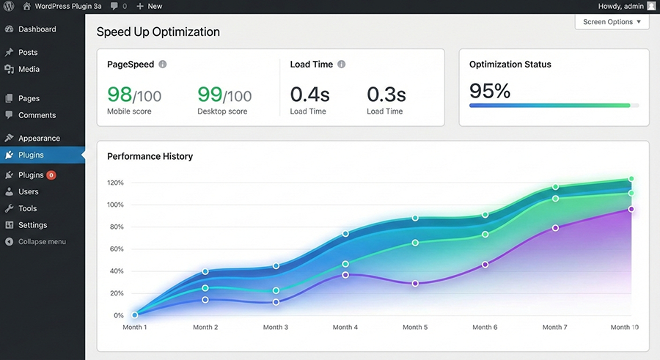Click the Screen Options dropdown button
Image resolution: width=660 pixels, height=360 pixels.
(612, 22)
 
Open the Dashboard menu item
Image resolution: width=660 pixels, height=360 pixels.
(37, 29)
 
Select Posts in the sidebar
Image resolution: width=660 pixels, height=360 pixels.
(28, 52)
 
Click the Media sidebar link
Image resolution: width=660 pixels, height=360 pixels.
(29, 69)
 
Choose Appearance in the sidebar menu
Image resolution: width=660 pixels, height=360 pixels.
(39, 138)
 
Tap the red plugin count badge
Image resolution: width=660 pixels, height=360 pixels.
(51, 175)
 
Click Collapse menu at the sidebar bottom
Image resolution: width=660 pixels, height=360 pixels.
(42, 242)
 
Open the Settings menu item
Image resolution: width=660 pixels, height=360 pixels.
(32, 225)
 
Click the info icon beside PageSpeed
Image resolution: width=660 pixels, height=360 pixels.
(163, 64)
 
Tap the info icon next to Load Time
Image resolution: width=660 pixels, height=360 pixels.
(341, 64)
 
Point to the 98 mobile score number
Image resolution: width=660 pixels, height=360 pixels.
(120, 95)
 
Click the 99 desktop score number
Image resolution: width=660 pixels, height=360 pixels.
(210, 95)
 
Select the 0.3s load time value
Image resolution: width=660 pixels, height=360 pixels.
(386, 95)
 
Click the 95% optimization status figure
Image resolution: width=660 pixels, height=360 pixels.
(490, 90)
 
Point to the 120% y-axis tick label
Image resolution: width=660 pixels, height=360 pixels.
(115, 183)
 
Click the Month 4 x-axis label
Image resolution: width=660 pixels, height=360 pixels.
(345, 327)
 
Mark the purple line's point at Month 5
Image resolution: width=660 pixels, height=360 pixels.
(415, 283)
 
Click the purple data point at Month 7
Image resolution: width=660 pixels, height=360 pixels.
(556, 228)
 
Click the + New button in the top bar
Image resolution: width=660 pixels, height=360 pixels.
(150, 7)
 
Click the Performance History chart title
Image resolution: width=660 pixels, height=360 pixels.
(150, 156)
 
